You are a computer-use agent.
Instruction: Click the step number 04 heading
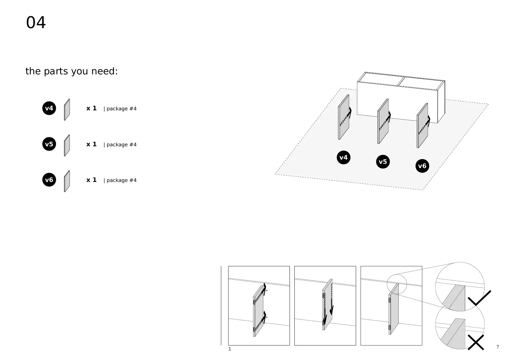36,23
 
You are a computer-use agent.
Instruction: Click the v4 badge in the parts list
49,108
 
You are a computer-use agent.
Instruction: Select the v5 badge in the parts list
49,144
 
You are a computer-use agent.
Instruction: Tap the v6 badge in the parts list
49,180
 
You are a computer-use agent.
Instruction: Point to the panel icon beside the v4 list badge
67,110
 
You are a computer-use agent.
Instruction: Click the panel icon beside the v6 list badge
67,181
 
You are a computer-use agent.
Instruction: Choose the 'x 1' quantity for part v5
91,144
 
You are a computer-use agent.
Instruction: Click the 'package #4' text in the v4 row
120,109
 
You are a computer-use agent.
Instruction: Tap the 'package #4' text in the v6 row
120,180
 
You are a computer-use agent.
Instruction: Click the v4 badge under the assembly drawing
343,157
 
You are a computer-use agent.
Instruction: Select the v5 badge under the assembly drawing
383,162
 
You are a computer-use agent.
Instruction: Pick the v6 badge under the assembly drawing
422,166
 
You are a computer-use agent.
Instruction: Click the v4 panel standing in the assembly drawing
343,118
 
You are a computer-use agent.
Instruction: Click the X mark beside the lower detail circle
476,342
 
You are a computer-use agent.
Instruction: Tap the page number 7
498,347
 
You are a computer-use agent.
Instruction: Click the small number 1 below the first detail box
230,349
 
